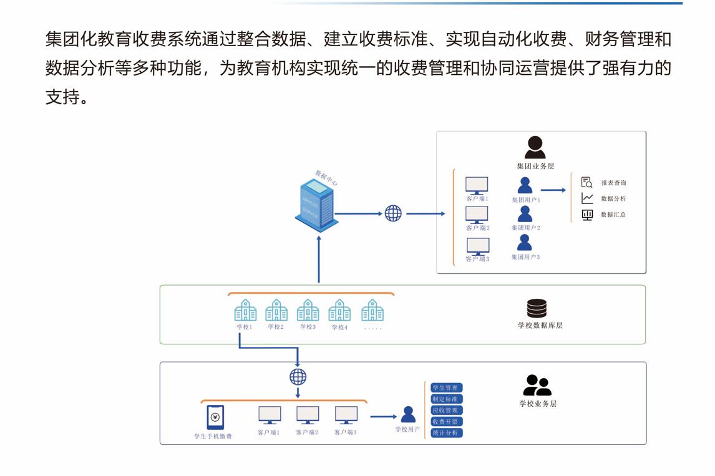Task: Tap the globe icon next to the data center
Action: (393, 213)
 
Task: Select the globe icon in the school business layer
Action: (298, 377)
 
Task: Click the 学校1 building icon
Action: (245, 310)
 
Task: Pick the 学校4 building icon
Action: (339, 310)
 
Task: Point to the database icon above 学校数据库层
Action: (537, 308)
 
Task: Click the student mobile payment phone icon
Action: (215, 417)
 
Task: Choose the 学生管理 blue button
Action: (447, 388)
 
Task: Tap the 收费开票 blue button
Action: (447, 422)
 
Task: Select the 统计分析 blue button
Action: (447, 433)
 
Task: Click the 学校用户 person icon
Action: (408, 415)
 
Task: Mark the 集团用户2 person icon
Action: (525, 214)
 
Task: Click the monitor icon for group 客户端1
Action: (477, 185)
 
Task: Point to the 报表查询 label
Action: (613, 183)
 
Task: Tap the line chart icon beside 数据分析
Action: (587, 198)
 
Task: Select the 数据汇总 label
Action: (613, 215)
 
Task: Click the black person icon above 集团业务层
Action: (535, 148)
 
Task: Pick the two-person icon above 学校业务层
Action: (537, 386)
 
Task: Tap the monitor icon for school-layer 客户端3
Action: (346, 415)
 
